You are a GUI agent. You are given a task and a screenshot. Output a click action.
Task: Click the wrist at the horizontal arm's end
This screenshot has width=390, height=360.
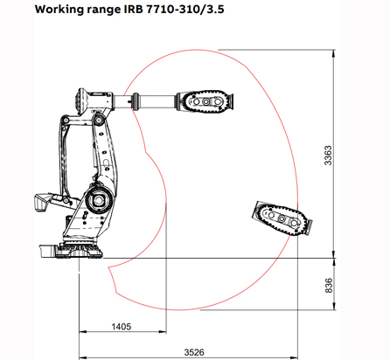coord(206,101)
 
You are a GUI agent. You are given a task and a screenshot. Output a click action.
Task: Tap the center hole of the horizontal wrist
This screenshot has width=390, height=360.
coord(206,101)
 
